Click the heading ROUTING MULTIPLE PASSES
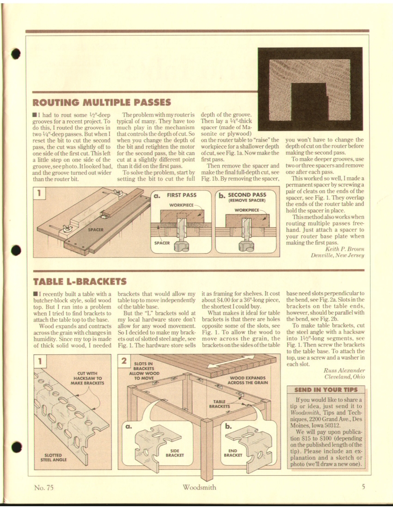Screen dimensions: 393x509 [102, 103]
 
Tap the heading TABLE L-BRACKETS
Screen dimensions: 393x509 [80, 281]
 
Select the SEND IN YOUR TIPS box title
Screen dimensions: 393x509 [326, 390]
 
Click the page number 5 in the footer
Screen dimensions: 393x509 [363, 487]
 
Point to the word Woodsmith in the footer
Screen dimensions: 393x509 [199, 487]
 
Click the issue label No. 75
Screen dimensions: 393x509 [43, 487]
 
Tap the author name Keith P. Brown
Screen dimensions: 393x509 [345, 249]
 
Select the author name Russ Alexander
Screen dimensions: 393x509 [344, 370]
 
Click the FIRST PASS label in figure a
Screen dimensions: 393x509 [182, 195]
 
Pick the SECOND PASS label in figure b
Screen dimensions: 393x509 [247, 195]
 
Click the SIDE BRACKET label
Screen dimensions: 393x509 [175, 453]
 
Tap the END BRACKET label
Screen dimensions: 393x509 [233, 453]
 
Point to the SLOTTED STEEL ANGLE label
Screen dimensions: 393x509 [54, 457]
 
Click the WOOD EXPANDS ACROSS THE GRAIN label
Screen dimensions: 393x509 [248, 380]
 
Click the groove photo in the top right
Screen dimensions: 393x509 [310, 89]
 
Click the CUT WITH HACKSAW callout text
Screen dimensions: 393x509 [87, 378]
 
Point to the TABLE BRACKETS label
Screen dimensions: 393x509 [220, 404]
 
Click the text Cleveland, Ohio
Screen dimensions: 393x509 [344, 377]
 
